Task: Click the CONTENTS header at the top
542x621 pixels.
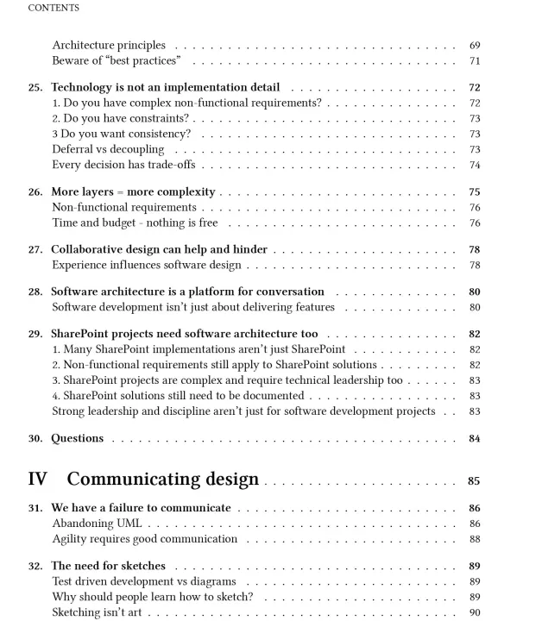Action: pos(54,8)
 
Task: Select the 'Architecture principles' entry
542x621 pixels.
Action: pos(109,45)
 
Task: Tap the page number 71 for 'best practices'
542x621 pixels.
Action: pos(475,61)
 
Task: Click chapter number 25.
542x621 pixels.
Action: pos(35,87)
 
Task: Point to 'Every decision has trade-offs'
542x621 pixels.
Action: pos(124,165)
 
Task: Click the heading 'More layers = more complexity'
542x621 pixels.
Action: pos(133,191)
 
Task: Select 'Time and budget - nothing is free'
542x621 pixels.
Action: pos(135,223)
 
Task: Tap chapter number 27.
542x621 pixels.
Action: pos(35,249)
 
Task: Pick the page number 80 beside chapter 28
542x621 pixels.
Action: pos(475,292)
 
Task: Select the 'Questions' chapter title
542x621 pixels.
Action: pos(77,438)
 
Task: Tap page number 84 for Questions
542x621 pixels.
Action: pos(475,438)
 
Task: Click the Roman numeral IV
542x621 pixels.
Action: pos(38,479)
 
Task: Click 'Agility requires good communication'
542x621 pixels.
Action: pos(144,539)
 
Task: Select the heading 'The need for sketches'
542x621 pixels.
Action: pos(108,566)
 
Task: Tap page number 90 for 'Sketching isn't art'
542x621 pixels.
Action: pos(475,612)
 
